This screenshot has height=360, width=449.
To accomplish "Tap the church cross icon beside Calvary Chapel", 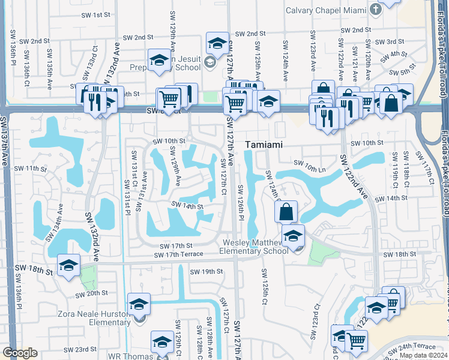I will (376, 10).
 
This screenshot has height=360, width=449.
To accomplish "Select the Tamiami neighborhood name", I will (264, 145).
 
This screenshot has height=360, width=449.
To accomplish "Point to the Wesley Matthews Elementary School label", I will (256, 247).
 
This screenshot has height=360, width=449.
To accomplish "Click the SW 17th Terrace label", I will (178, 254).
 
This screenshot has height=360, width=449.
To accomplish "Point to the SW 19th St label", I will (206, 272).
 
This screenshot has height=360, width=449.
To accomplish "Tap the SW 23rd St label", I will (82, 349).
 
